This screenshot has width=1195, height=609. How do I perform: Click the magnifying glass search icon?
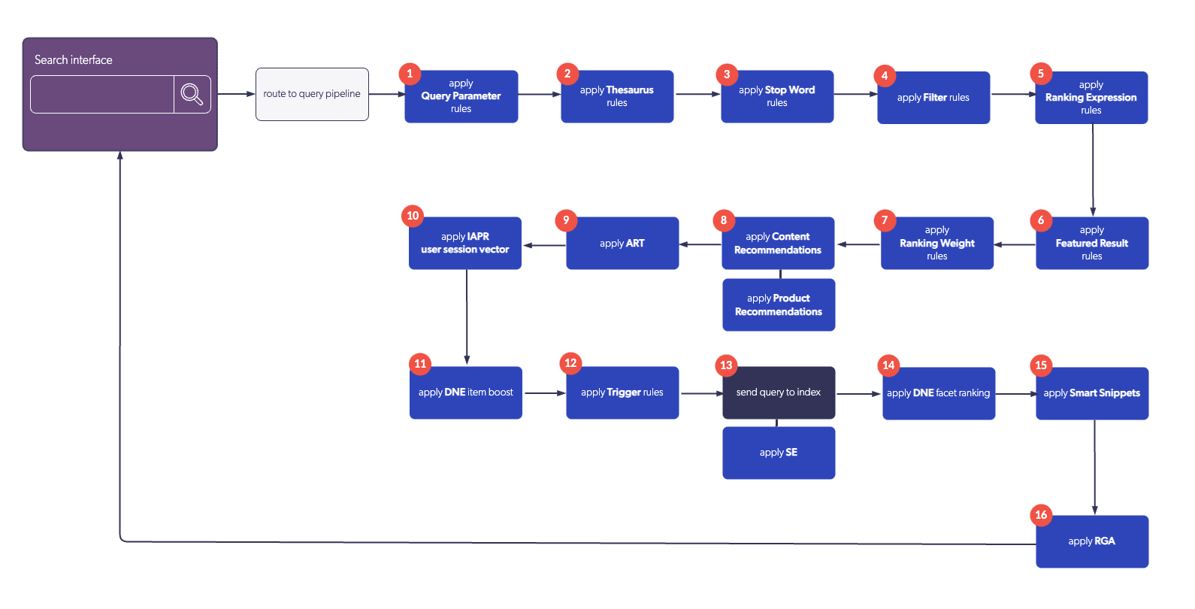pyautogui.click(x=192, y=94)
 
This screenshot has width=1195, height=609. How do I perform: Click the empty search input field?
pyautogui.click(x=102, y=94)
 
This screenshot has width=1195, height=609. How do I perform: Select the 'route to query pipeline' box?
pyautogui.click(x=312, y=94)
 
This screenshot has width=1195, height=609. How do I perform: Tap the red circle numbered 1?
pyautogui.click(x=410, y=73)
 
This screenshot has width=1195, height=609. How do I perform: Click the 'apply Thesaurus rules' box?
pyautogui.click(x=617, y=97)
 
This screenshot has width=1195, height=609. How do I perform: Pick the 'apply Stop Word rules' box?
pyautogui.click(x=777, y=97)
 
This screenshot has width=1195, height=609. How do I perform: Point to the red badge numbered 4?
pyautogui.click(x=885, y=75)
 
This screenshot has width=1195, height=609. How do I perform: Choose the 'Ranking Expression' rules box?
pyautogui.click(x=1091, y=98)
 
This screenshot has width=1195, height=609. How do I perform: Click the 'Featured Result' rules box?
pyautogui.click(x=1092, y=244)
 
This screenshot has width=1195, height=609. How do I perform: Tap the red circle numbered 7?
pyautogui.click(x=885, y=220)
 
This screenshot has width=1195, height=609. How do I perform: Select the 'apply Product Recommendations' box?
pyautogui.click(x=779, y=305)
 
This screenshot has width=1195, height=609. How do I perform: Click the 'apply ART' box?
pyautogui.click(x=622, y=244)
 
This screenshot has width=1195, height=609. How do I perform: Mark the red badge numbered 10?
pyautogui.click(x=413, y=216)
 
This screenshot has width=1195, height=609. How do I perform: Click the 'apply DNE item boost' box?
pyautogui.click(x=466, y=393)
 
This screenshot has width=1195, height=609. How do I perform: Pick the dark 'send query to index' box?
pyautogui.click(x=779, y=393)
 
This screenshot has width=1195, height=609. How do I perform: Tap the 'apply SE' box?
pyautogui.click(x=779, y=453)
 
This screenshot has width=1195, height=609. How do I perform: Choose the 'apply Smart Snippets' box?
pyautogui.click(x=1092, y=394)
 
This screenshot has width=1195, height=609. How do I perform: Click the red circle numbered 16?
pyautogui.click(x=1041, y=515)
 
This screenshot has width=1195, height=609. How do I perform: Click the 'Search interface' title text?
pyautogui.click(x=74, y=60)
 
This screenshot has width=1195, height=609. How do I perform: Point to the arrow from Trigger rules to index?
pyautogui.click(x=700, y=393)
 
